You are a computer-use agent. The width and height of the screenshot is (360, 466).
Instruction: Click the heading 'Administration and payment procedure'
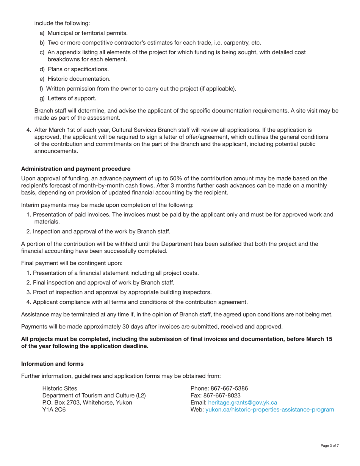(76, 169)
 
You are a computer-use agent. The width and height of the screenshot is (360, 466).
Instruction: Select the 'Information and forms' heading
(52, 364)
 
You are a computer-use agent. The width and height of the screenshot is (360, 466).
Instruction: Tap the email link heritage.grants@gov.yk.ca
(243, 402)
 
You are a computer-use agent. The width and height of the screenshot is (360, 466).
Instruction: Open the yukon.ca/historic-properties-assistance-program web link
(269, 410)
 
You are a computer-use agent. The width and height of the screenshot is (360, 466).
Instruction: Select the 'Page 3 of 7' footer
(329, 446)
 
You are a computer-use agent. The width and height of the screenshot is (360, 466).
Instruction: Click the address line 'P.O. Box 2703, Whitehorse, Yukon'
(87, 402)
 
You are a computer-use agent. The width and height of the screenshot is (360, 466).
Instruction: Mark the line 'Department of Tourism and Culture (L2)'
(94, 396)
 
